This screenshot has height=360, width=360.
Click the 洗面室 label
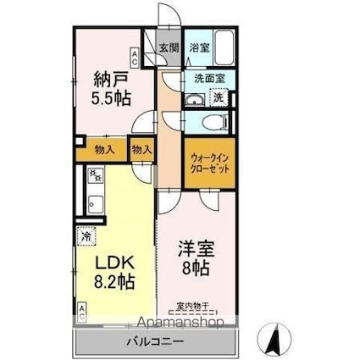(209, 77)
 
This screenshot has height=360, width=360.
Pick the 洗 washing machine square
(219, 97)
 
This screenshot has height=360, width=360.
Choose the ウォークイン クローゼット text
(209, 162)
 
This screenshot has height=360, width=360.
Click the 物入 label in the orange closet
(105, 150)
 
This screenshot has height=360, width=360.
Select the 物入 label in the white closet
(141, 150)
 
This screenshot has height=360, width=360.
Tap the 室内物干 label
(192, 306)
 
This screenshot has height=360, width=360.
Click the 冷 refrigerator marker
(86, 237)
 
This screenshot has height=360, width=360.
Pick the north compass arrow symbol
(274, 339)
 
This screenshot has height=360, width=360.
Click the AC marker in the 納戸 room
(134, 58)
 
